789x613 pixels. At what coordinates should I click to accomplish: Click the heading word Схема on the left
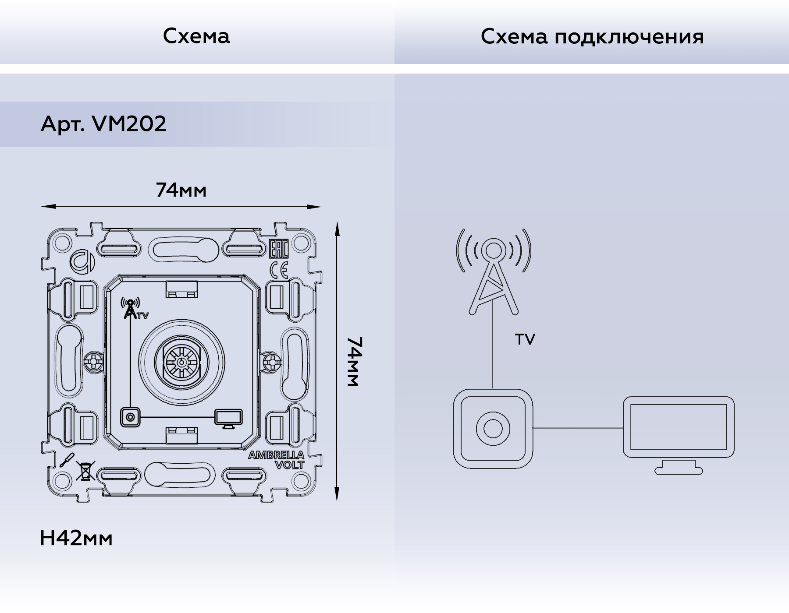pos(196,36)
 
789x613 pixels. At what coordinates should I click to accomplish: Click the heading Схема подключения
pos(592,37)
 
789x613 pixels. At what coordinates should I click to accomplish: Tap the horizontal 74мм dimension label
pos(181,190)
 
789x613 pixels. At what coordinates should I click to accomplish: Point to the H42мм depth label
pos(76,538)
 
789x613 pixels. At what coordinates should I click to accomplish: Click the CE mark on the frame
pos(279,270)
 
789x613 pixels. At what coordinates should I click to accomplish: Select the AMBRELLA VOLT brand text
pos(277,460)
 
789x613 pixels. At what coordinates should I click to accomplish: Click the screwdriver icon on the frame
pos(67,460)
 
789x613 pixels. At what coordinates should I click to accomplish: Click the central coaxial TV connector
pos(181,362)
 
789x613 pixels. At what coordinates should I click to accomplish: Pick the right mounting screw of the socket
pos(273,362)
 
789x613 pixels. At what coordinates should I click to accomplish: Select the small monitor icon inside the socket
pos(228,418)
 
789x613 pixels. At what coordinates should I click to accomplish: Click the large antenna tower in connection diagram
pos(493,271)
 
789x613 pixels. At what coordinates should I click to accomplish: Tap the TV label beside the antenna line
pos(525,339)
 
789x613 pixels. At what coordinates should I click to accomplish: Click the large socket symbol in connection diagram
pos(493,429)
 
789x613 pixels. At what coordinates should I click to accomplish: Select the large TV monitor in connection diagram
pos(678,434)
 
